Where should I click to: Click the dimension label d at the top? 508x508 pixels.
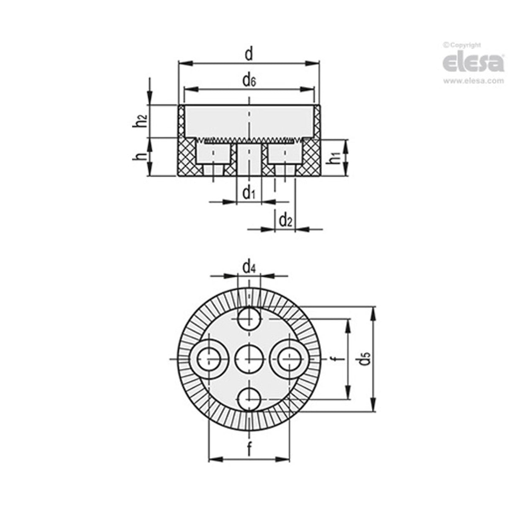[249, 54]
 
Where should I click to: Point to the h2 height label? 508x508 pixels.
[142, 121]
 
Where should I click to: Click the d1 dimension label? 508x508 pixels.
[249, 193]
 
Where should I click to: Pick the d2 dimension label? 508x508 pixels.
[285, 220]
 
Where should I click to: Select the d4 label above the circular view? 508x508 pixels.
[249, 267]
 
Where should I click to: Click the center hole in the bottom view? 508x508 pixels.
[249, 359]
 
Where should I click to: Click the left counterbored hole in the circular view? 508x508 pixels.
[209, 359]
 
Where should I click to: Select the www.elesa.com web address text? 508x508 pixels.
[473, 81]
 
